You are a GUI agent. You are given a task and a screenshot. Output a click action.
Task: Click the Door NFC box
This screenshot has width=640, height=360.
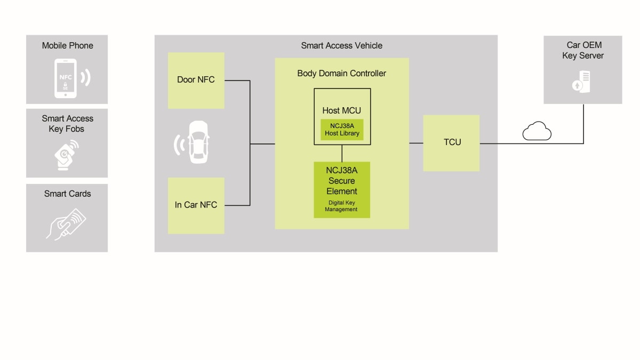click(196, 81)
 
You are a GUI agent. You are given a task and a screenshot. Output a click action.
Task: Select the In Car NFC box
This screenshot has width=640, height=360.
click(196, 205)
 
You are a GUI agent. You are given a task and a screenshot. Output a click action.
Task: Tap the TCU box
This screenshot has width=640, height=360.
click(451, 143)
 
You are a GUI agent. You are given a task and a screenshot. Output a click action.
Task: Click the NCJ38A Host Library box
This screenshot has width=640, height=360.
click(342, 130)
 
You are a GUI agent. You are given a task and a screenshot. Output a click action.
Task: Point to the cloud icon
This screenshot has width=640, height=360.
click(537, 131)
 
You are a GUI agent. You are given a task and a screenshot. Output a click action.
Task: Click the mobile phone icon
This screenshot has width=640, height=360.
click(66, 78)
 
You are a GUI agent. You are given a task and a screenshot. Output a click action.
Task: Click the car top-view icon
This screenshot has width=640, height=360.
click(198, 142)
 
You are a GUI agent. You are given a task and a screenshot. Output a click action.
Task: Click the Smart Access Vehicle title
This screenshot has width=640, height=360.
click(341, 46)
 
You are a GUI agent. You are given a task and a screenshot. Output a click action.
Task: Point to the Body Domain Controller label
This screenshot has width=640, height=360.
click(341, 74)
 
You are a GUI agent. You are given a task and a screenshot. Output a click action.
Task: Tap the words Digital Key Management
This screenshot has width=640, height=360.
click(341, 206)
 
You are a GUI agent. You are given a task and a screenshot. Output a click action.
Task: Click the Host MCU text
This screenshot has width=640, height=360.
click(341, 111)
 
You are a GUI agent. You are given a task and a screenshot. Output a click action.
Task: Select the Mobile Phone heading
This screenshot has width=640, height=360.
click(67, 46)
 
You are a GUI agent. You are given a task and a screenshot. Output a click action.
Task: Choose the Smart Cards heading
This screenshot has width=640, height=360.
click(67, 194)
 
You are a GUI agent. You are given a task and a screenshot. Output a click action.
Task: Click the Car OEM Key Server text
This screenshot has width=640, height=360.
click(582, 51)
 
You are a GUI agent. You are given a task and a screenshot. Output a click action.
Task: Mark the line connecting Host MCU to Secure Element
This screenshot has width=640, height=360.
click(342, 153)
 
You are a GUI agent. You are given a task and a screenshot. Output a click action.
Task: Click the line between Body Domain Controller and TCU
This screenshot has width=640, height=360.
click(416, 143)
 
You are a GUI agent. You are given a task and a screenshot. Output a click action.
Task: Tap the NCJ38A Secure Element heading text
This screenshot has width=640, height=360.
click(342, 181)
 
